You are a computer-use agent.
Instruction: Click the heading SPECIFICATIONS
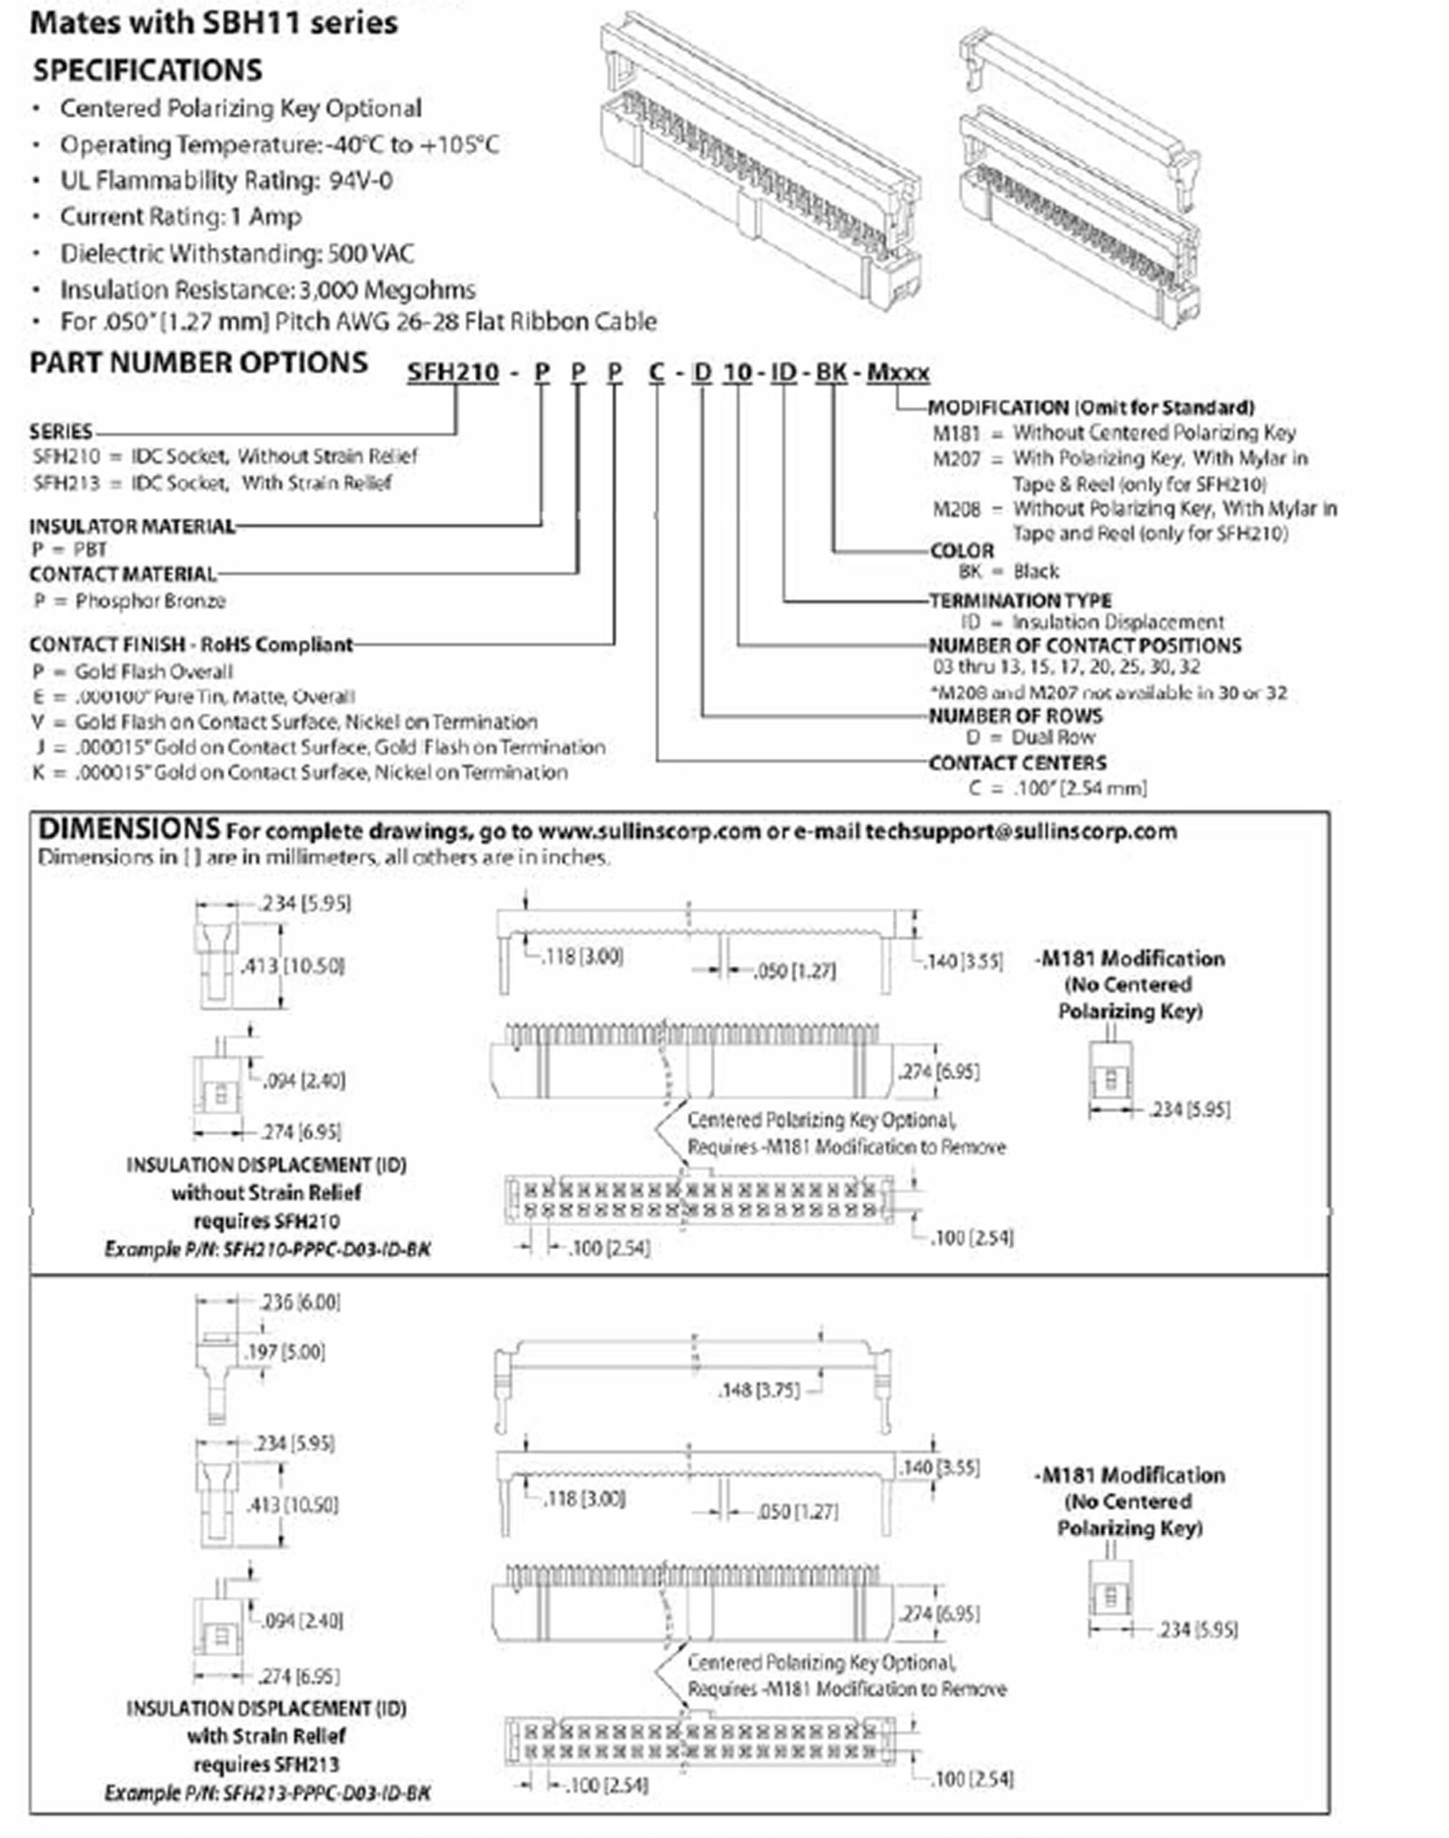pos(148,70)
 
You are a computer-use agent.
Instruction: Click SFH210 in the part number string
pos(453,373)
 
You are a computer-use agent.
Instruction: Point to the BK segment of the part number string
pos(830,373)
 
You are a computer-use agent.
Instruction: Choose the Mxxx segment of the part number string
pos(898,373)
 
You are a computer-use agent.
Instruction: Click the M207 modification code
pos(956,459)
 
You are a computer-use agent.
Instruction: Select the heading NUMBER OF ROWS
pos(1016,715)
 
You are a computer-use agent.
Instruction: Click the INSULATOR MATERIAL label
pos(132,526)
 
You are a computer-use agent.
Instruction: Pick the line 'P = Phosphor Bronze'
pos(129,601)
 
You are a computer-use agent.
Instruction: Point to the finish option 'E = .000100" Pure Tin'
pos(194,696)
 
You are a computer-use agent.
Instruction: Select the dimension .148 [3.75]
pos(759,1390)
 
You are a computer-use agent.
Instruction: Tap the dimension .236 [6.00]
pos(299,1302)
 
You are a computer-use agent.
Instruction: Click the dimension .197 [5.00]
pos(285,1352)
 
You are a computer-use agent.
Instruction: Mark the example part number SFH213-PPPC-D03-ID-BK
pos(327,1793)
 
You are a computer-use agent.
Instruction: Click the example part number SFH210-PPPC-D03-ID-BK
pos(327,1249)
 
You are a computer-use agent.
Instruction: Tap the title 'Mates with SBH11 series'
pos(214,23)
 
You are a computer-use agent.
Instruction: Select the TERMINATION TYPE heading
pos(1020,600)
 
